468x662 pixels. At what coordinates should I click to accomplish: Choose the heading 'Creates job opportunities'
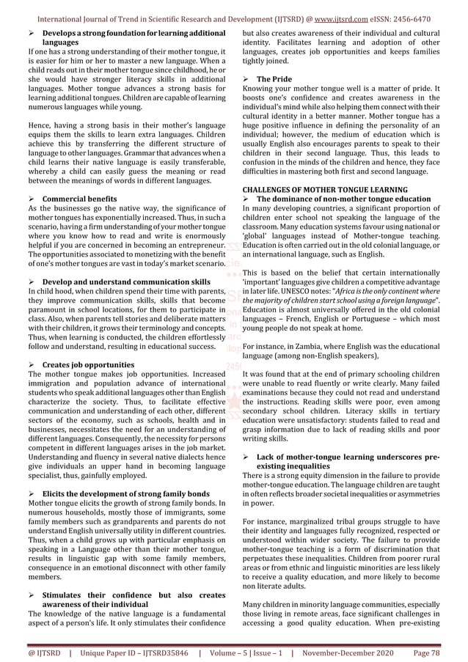point(88,364)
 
